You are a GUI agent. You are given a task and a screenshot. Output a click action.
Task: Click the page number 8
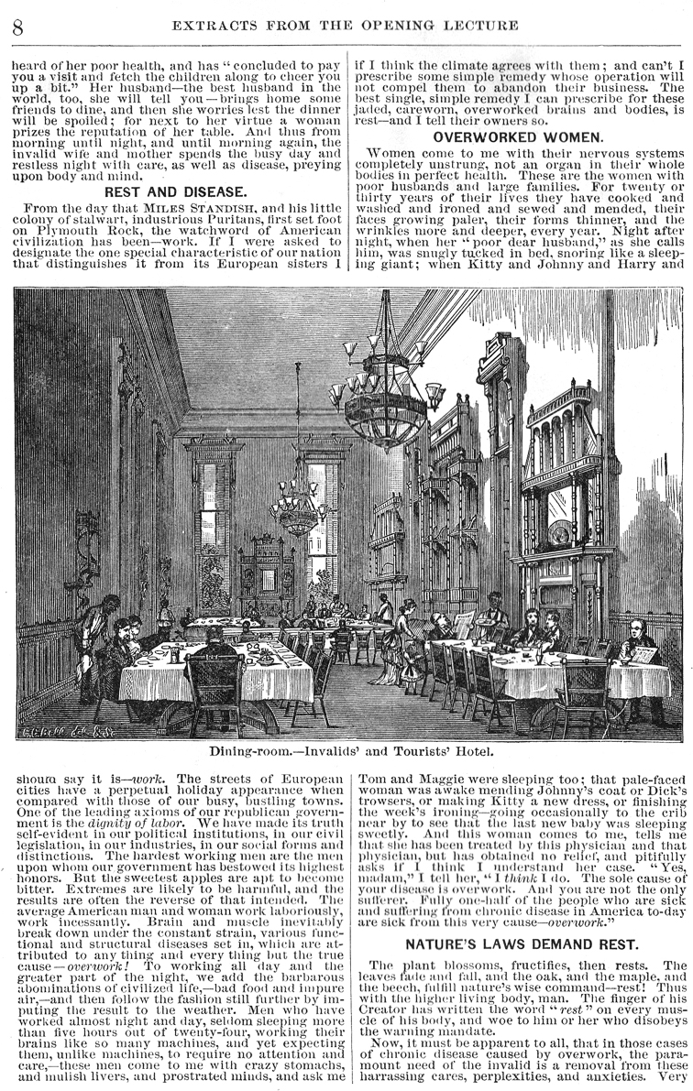point(16,25)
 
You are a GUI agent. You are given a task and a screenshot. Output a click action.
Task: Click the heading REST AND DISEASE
point(174,192)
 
